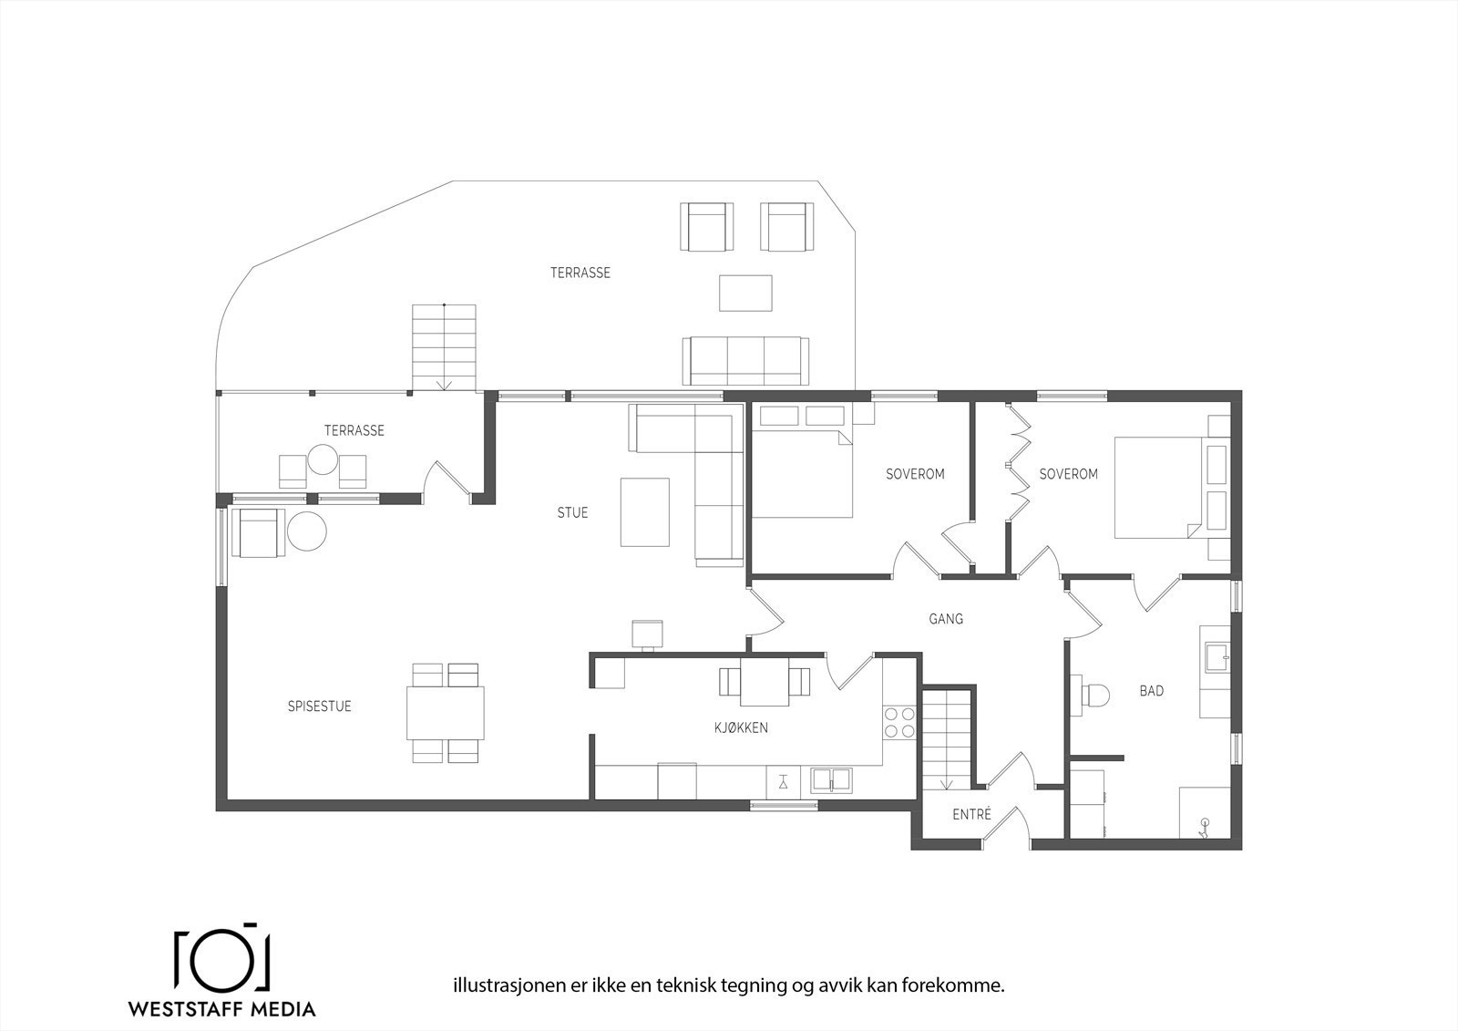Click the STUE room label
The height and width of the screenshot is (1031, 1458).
pos(572,512)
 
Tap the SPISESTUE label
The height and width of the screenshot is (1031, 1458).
pos(319,706)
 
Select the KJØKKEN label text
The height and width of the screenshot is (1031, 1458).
pos(741,727)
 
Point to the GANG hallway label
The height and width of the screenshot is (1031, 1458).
pos(946,619)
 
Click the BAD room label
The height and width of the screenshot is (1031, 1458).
pos(1152,690)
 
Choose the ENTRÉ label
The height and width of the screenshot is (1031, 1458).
pos(971,813)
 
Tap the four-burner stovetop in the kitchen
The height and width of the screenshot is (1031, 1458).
pos(899,723)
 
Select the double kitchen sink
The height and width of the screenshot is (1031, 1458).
pos(831,779)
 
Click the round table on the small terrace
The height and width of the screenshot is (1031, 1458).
pos(323,459)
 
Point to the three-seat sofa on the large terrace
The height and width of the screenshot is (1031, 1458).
pos(745,361)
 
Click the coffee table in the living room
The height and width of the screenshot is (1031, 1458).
pos(644,512)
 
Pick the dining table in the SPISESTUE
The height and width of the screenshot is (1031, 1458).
pos(446,713)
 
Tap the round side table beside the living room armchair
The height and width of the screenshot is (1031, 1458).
pos(306,531)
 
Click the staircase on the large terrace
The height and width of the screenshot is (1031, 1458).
pos(444,347)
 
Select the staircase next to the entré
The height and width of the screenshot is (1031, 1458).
pos(947,740)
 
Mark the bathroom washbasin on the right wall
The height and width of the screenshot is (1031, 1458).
pos(1217,658)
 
